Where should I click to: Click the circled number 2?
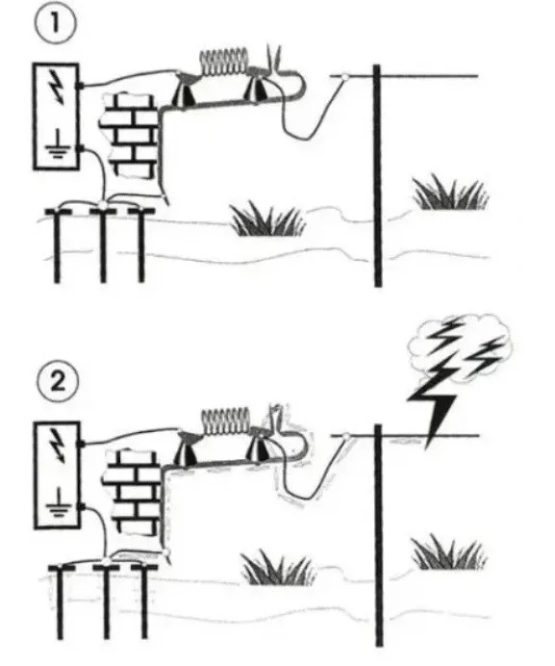click(x=58, y=381)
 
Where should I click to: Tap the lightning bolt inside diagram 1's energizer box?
click(x=56, y=87)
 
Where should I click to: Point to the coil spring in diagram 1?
click(x=224, y=62)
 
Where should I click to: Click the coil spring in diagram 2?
click(x=225, y=422)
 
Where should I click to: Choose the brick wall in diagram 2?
click(x=131, y=493)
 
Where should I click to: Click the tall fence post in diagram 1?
click(x=377, y=176)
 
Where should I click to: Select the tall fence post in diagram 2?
click(x=379, y=535)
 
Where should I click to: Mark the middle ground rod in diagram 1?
click(x=103, y=244)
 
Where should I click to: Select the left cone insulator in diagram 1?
click(x=185, y=90)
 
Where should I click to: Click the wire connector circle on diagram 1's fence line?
click(x=345, y=77)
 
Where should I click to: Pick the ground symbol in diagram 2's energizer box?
click(x=58, y=502)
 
